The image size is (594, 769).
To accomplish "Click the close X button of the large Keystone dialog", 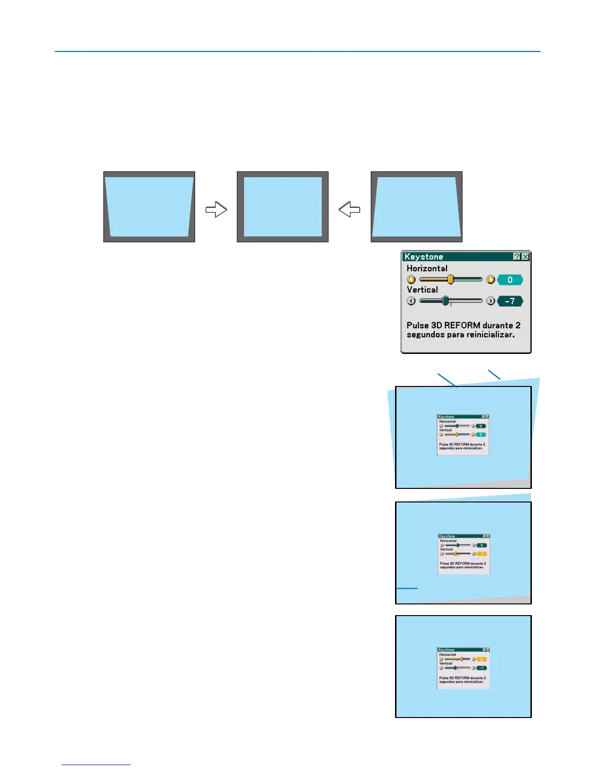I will point(526,256).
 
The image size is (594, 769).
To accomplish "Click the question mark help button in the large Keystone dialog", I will point(517,256).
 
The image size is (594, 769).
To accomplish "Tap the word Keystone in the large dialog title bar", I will point(424,257).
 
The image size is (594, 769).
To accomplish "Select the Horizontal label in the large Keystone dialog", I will point(427,268).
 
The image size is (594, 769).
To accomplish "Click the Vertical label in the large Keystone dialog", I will point(422,290).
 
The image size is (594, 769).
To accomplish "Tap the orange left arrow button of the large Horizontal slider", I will point(411,280).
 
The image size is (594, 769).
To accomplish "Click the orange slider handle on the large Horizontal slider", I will point(450,280).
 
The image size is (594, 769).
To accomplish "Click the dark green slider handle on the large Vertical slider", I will point(445,301).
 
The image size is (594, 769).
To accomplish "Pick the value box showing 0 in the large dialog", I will point(510,280).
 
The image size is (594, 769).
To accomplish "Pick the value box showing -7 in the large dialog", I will point(510,301).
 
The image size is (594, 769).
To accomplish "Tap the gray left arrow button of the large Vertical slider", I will point(411,301).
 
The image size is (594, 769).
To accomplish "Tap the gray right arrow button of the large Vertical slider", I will point(491,301).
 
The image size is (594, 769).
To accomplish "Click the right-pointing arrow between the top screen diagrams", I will point(216,209).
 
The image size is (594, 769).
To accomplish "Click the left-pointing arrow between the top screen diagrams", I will point(349,209).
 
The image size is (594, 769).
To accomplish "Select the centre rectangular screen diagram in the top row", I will point(282,207).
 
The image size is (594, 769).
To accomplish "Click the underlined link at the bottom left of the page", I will point(96,765).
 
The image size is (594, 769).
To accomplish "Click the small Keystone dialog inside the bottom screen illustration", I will point(463,668).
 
